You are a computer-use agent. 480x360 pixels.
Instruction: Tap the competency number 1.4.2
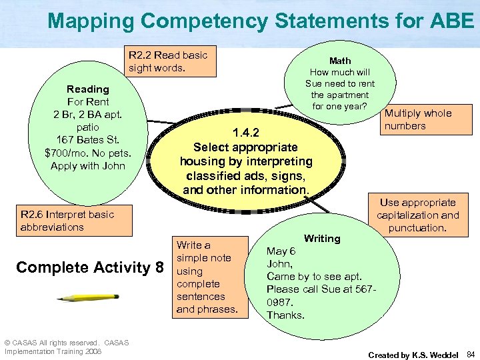(x=245, y=132)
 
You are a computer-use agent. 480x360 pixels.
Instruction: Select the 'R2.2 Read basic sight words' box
(x=168, y=61)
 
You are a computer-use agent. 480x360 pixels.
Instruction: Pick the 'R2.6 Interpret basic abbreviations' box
(x=67, y=221)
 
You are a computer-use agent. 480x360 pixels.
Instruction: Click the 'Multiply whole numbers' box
(x=417, y=119)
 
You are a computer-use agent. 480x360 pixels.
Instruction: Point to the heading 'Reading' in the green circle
(x=87, y=89)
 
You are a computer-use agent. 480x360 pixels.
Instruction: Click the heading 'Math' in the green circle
(x=340, y=60)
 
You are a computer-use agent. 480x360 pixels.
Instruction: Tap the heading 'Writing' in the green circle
(x=321, y=238)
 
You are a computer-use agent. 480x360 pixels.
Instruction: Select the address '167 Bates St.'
(x=88, y=140)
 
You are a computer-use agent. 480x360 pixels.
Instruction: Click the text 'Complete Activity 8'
(x=90, y=267)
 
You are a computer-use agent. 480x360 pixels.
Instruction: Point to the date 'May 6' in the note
(x=281, y=251)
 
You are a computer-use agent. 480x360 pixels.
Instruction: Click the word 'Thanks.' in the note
(x=285, y=315)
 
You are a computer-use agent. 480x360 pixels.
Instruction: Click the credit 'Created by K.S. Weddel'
(x=413, y=355)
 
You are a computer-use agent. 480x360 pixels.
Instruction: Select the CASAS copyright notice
(x=66, y=347)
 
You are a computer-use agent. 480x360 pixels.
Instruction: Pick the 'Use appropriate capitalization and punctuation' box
(x=417, y=215)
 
